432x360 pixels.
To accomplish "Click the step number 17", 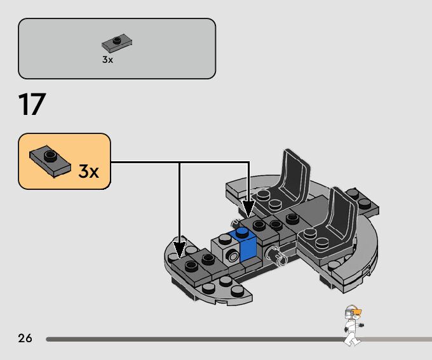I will tap(33, 105).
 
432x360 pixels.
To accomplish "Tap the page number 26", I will tap(25, 338).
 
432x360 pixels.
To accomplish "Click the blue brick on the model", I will tap(247, 245).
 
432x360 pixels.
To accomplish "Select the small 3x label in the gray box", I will tap(107, 60).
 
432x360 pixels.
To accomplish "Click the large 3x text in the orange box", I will tap(88, 171).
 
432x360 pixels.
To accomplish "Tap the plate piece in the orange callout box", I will tap(47, 159).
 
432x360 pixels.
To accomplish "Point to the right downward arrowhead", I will tap(248, 210).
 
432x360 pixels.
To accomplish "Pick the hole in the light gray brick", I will tap(233, 256).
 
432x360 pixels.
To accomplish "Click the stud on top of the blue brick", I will tap(242, 233).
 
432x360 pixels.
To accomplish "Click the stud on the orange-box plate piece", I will tap(48, 154).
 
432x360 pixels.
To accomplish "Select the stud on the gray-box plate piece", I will tap(117, 41).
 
